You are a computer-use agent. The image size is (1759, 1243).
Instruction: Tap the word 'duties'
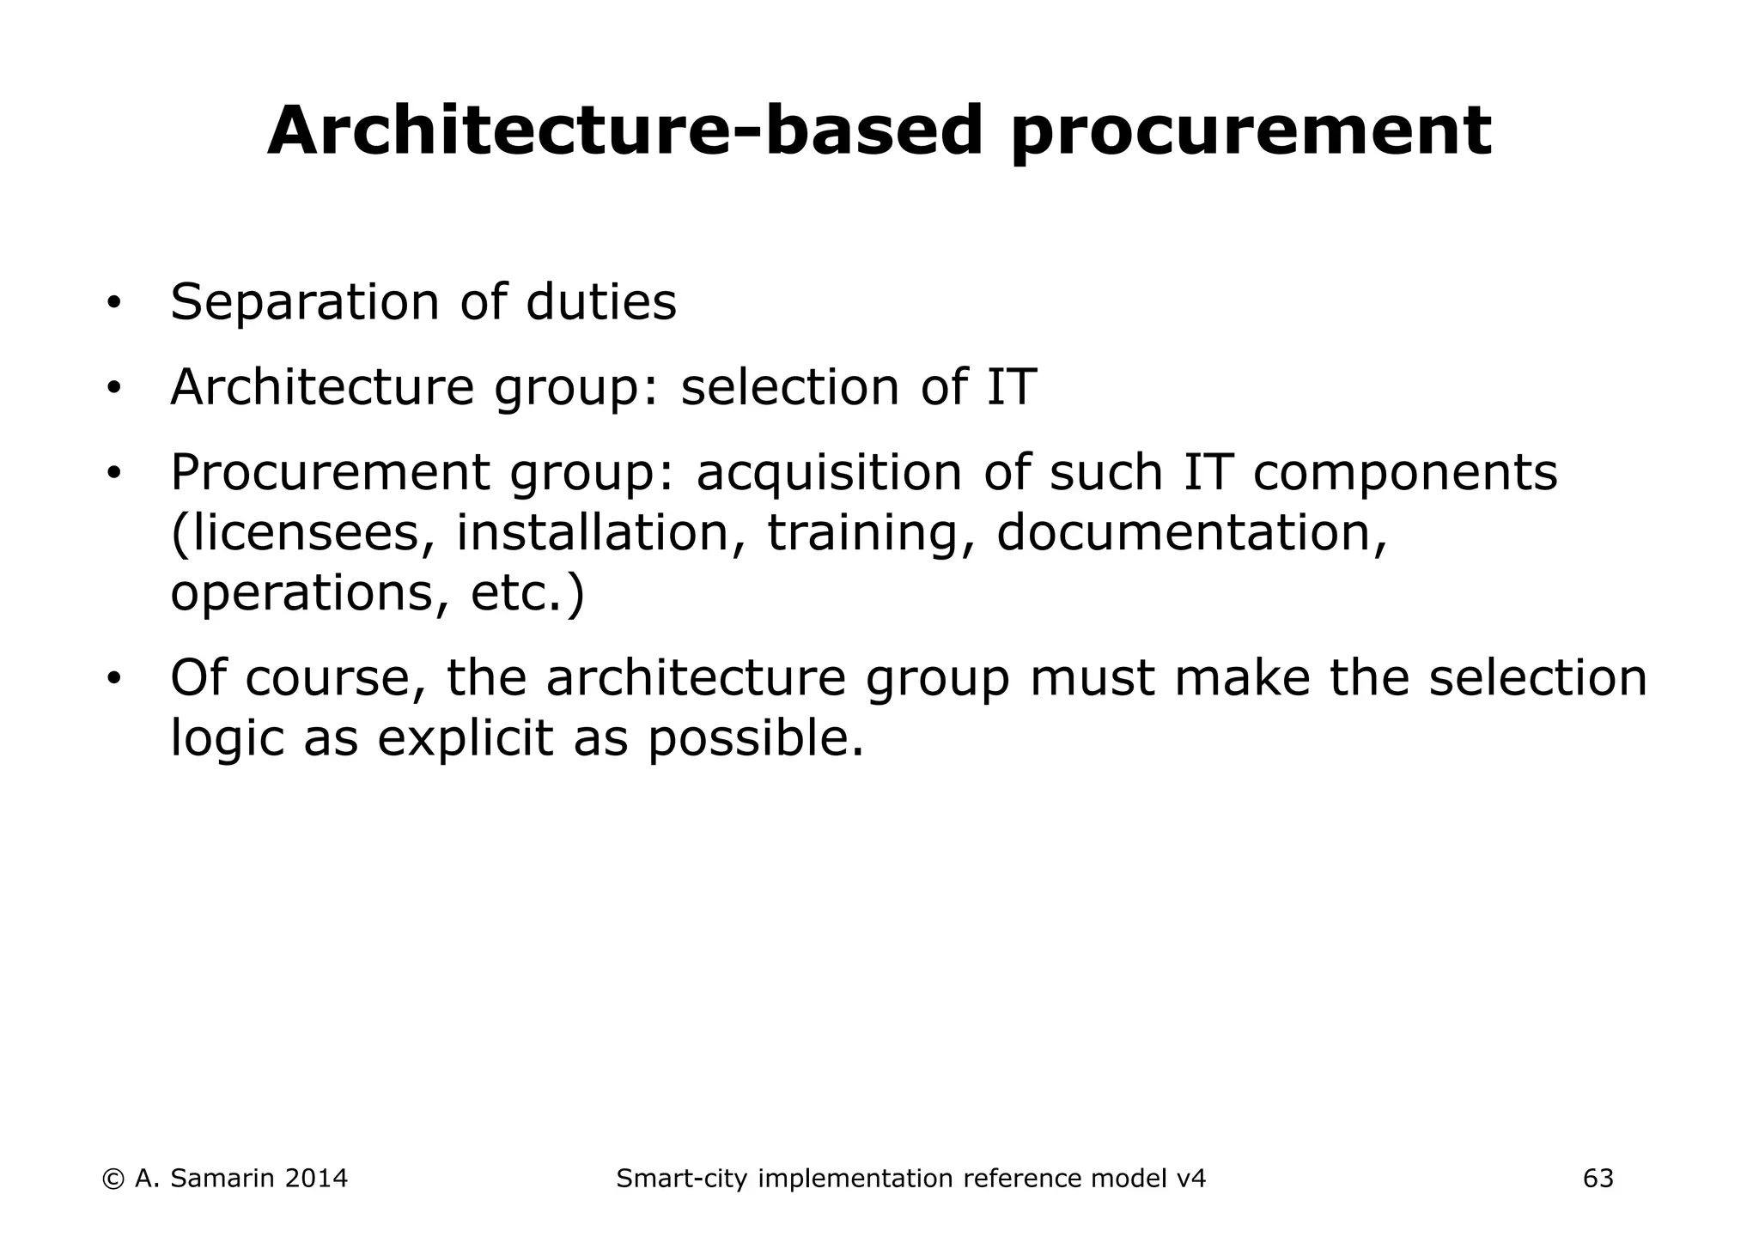click(x=600, y=303)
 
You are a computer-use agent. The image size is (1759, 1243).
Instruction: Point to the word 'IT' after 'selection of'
click(x=1011, y=387)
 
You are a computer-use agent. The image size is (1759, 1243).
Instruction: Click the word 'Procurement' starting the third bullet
click(x=330, y=473)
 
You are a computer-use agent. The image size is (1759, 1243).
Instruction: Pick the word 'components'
click(x=1405, y=473)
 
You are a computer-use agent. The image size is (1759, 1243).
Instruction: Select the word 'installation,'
click(x=600, y=533)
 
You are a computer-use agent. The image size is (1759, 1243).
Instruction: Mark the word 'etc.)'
click(x=527, y=593)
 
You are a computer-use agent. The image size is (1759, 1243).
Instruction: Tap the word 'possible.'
click(x=756, y=738)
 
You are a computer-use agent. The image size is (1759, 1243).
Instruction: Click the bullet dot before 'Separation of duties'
click(x=113, y=305)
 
